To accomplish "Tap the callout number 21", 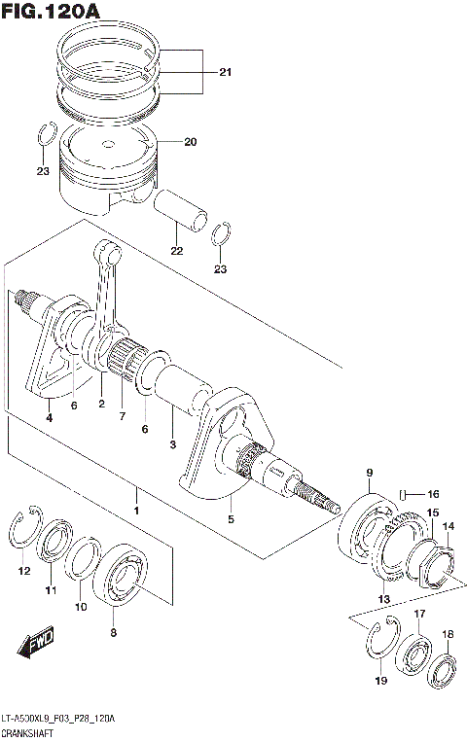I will point(225,73).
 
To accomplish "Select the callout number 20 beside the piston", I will point(190,142).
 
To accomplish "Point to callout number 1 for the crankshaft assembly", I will point(137,510).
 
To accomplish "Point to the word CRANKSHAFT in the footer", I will point(26,731).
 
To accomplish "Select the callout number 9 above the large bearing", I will point(369,474).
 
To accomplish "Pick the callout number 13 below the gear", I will point(383,598).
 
